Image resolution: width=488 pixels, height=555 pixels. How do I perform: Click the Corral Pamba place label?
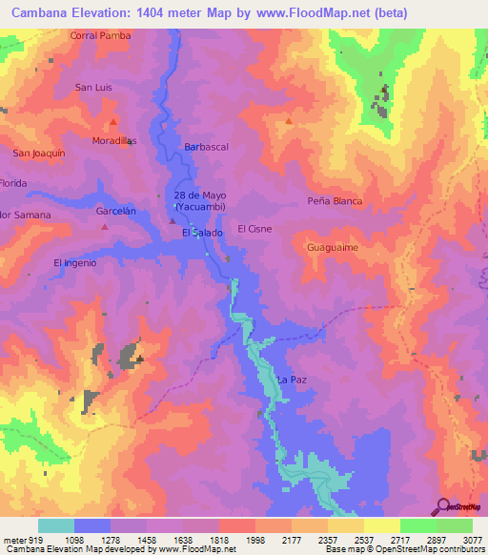[100, 35]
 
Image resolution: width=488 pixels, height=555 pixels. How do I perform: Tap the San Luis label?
[94, 88]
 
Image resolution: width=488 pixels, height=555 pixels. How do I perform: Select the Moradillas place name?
[114, 141]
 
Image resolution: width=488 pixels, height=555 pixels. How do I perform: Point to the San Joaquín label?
[38, 153]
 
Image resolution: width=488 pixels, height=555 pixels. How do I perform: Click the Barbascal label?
[207, 147]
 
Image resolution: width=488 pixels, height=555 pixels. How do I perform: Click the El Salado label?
[202, 233]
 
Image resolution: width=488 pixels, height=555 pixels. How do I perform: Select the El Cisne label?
[255, 229]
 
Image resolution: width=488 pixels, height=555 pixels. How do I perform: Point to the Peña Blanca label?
[335, 201]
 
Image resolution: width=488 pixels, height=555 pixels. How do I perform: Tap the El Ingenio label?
[75, 262]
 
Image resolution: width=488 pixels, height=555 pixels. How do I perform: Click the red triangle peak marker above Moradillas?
[113, 123]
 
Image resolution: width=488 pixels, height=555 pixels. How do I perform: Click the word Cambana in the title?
[39, 12]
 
